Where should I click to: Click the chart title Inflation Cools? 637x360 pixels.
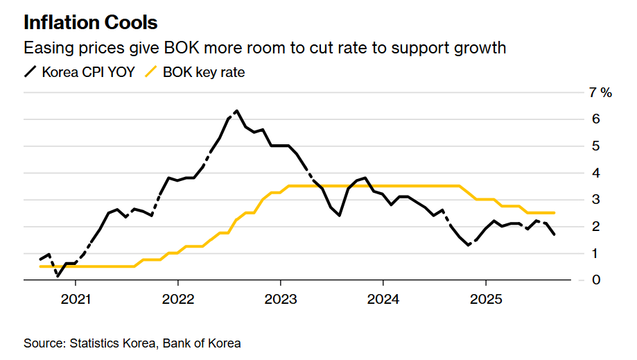(x=90, y=22)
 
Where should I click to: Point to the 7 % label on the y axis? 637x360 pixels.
(x=600, y=93)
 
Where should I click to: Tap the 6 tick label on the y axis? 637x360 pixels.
(x=595, y=119)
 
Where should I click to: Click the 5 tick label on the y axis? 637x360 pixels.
(x=595, y=146)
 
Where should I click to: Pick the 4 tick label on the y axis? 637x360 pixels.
(x=595, y=173)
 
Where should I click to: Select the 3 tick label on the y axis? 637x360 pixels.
(x=595, y=200)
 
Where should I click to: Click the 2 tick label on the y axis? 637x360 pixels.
(x=595, y=227)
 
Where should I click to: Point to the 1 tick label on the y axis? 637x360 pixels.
(x=595, y=253)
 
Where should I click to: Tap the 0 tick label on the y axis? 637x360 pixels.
(x=595, y=280)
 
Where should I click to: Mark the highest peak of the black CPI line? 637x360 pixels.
(x=237, y=111)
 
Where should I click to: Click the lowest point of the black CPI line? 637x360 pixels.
(x=58, y=275)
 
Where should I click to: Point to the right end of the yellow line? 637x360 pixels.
(x=554, y=213)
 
